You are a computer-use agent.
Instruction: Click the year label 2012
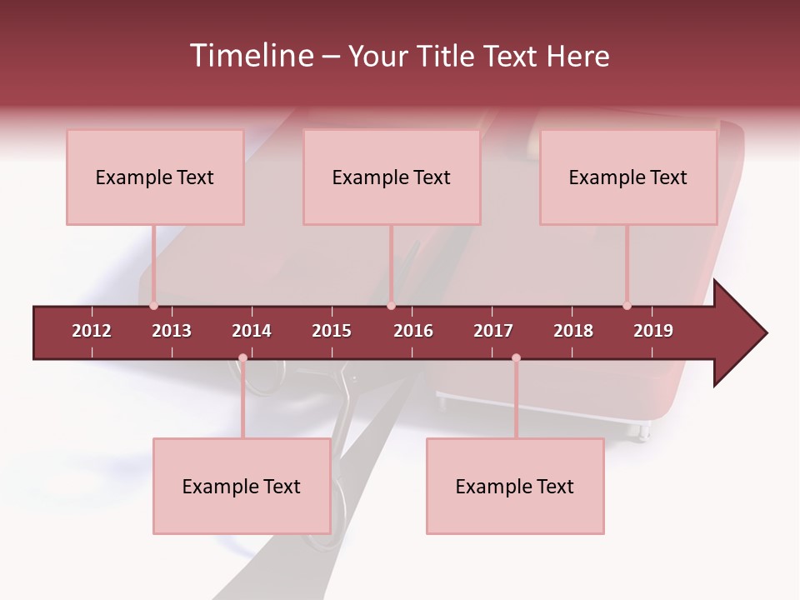pos(92,331)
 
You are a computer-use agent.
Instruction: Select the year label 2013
pos(172,331)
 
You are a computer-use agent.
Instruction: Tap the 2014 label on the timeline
pos(252,331)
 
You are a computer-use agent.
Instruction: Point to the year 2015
pos(332,331)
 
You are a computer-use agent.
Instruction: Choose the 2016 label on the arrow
pos(413,331)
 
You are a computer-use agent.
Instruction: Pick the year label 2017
pos(493,331)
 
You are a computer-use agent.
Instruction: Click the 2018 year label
pos(573,331)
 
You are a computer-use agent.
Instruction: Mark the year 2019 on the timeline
pos(653,331)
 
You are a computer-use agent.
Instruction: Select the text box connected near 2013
pos(155,177)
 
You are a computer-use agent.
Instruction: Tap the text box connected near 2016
pos(392,177)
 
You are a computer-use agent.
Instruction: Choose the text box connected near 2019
pos(628,177)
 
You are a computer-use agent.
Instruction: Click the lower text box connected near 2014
pos(242,487)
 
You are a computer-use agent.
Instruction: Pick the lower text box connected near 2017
pos(515,487)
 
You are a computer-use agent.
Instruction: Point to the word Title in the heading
pos(447,56)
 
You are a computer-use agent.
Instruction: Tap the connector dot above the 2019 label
pos(627,306)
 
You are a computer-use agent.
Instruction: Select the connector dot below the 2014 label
pos(242,358)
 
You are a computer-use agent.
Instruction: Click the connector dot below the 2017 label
pos(516,358)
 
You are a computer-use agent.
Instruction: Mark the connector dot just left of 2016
pos(391,306)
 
